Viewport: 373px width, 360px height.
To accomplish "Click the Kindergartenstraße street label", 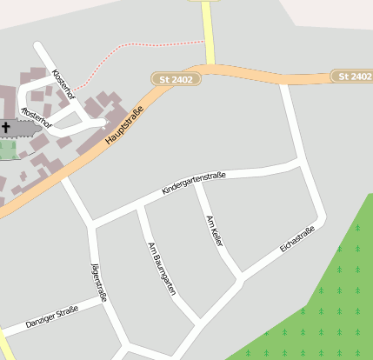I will pos(193,183).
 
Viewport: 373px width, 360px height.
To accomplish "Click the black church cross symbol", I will pos(7,129).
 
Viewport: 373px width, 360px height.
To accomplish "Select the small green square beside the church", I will pos(7,150).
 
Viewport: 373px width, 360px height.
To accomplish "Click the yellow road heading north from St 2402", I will pos(208,30).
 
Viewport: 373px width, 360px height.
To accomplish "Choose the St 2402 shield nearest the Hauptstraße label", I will pos(177,79).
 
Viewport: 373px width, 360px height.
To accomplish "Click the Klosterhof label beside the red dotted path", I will pos(63,83).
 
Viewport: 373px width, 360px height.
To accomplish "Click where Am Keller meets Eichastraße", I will pos(241,280).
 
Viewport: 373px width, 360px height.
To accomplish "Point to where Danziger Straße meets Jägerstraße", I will pos(103,301).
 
